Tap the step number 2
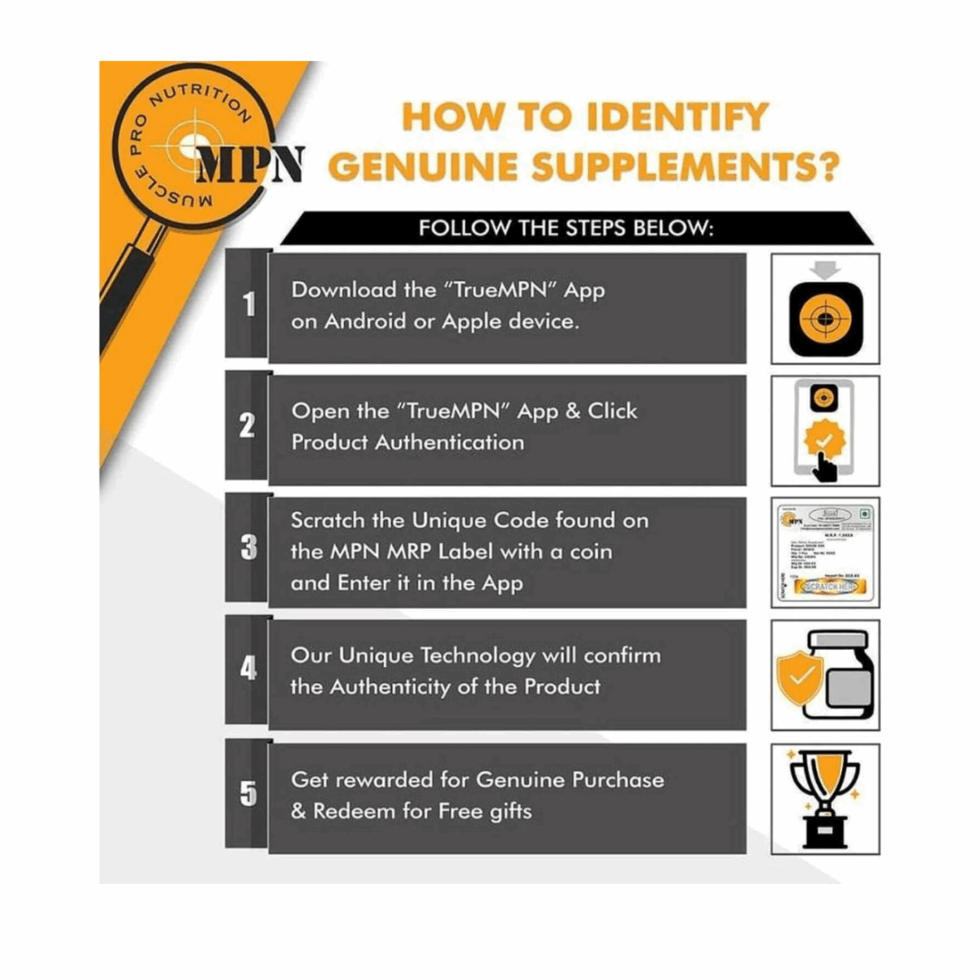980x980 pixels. click(246, 426)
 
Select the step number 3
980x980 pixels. click(248, 548)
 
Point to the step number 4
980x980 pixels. click(247, 672)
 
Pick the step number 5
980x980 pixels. click(248, 794)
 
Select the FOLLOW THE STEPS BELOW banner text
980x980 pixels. click(566, 228)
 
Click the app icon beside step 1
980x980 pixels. click(824, 318)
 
